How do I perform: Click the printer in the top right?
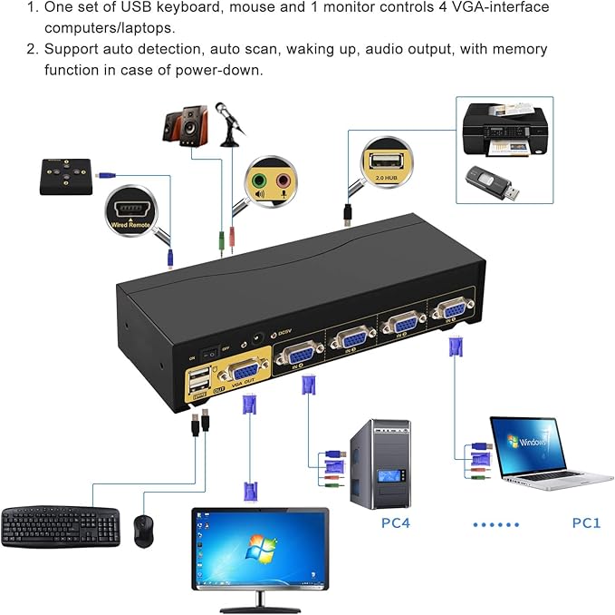(504, 132)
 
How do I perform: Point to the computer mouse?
(143, 530)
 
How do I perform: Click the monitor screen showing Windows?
(259, 548)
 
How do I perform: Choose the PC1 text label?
(586, 522)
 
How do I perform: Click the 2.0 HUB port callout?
(385, 163)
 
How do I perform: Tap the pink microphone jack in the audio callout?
(283, 181)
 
